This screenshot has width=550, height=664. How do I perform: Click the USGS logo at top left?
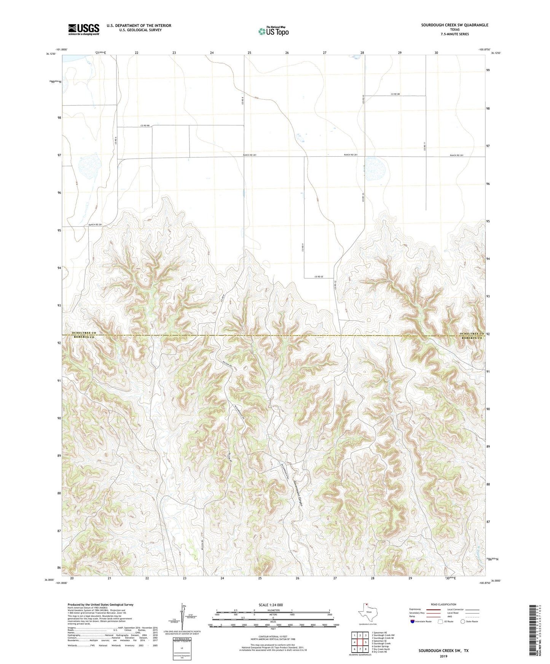pos(83,29)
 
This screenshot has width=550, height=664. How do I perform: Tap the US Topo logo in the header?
pos(273,31)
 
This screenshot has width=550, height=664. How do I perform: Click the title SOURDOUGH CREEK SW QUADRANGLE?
pos(454,25)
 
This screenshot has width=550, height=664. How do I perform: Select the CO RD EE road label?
pos(319,276)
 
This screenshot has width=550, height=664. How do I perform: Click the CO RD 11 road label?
pos(424,146)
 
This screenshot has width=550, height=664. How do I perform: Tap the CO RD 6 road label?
pos(115,141)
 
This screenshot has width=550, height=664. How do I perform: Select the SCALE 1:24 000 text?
pos(271,605)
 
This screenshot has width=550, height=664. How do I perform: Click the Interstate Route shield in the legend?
pos(413,621)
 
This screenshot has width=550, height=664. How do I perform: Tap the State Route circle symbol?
pos(463,621)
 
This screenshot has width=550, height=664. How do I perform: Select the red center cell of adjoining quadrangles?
pos(360,642)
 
